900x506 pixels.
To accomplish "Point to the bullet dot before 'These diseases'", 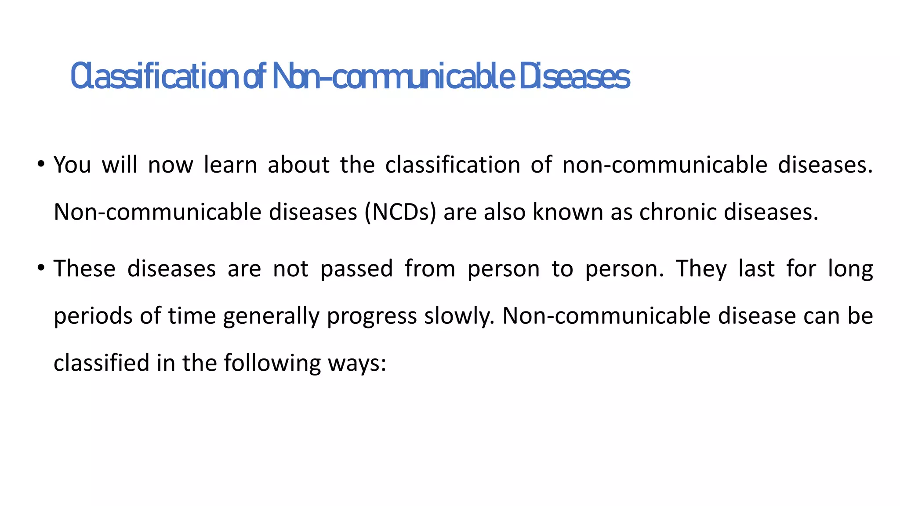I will tap(41, 268).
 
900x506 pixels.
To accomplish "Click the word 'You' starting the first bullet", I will tap(72, 165).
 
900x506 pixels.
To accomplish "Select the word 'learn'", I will tap(230, 165).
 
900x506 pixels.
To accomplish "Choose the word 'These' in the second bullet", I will tap(84, 268).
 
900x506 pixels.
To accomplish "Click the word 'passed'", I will tap(356, 268).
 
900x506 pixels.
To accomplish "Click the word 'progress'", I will tap(372, 316).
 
